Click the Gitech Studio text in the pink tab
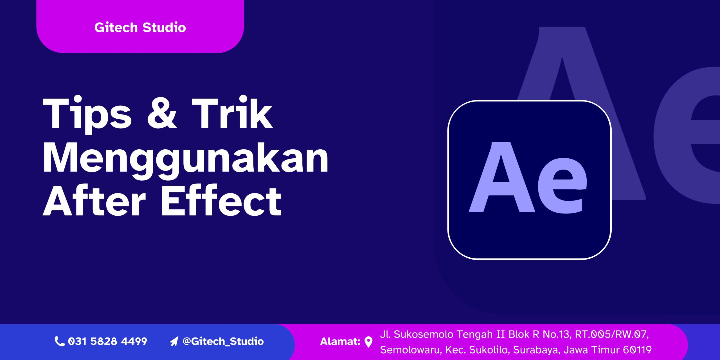click(x=140, y=28)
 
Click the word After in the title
click(x=94, y=201)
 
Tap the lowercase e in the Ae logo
click(x=562, y=186)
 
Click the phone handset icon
click(x=59, y=341)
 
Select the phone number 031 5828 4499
click(x=108, y=341)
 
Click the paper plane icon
click(x=174, y=341)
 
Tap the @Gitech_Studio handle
click(x=223, y=341)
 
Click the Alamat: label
click(x=340, y=341)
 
